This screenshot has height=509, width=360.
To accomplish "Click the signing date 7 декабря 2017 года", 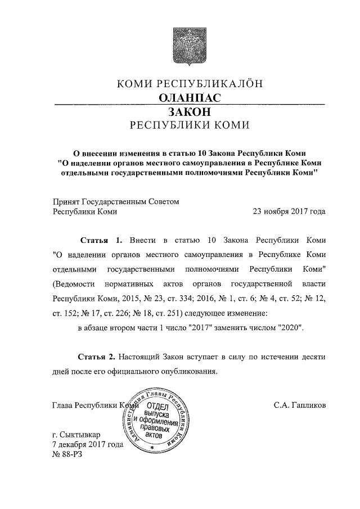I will [x=87, y=444].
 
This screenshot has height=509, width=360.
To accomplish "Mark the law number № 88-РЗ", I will [x=67, y=454].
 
